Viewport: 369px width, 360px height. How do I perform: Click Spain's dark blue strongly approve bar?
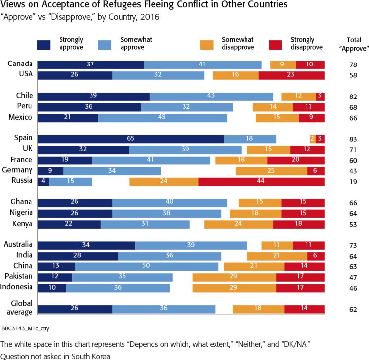click(x=131, y=139)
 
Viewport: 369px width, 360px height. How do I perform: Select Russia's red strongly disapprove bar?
click(x=261, y=181)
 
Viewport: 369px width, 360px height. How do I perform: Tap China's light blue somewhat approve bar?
click(x=147, y=266)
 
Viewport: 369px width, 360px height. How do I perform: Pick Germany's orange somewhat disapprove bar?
click(x=271, y=170)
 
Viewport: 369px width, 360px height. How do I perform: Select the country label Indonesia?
click(x=18, y=287)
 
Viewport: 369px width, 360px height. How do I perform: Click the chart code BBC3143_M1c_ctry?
click(x=25, y=327)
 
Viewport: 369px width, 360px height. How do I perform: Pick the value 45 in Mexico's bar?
click(x=162, y=118)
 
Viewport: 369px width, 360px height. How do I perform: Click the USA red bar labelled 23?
click(x=291, y=75)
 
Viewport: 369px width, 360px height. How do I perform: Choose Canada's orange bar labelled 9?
click(x=283, y=65)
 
